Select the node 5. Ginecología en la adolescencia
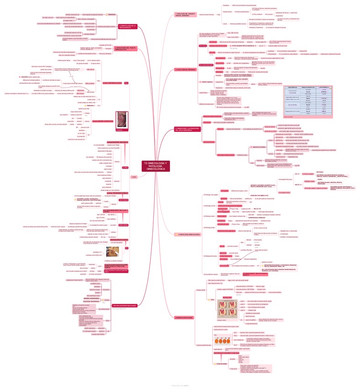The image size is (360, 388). [129, 27]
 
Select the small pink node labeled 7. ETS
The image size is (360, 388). [134, 177]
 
